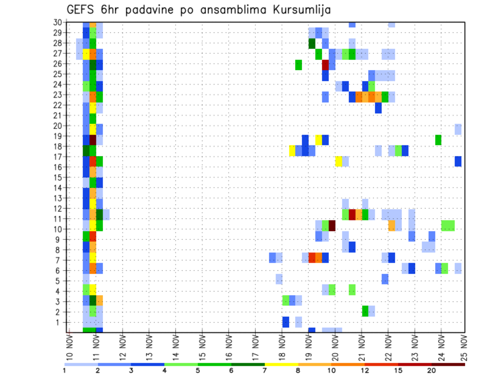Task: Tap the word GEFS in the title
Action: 81,10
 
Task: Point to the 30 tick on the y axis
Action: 57,22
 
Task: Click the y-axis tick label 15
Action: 57,177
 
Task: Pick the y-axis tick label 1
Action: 59,322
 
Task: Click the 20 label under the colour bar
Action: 432,370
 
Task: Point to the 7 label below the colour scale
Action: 265,370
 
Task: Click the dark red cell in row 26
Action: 326,65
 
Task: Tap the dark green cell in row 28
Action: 312,44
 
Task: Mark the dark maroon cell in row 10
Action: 332,225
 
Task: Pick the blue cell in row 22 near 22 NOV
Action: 378,108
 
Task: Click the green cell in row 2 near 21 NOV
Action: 365,310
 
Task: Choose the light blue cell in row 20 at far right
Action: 458,129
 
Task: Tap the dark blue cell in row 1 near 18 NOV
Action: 286,322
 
